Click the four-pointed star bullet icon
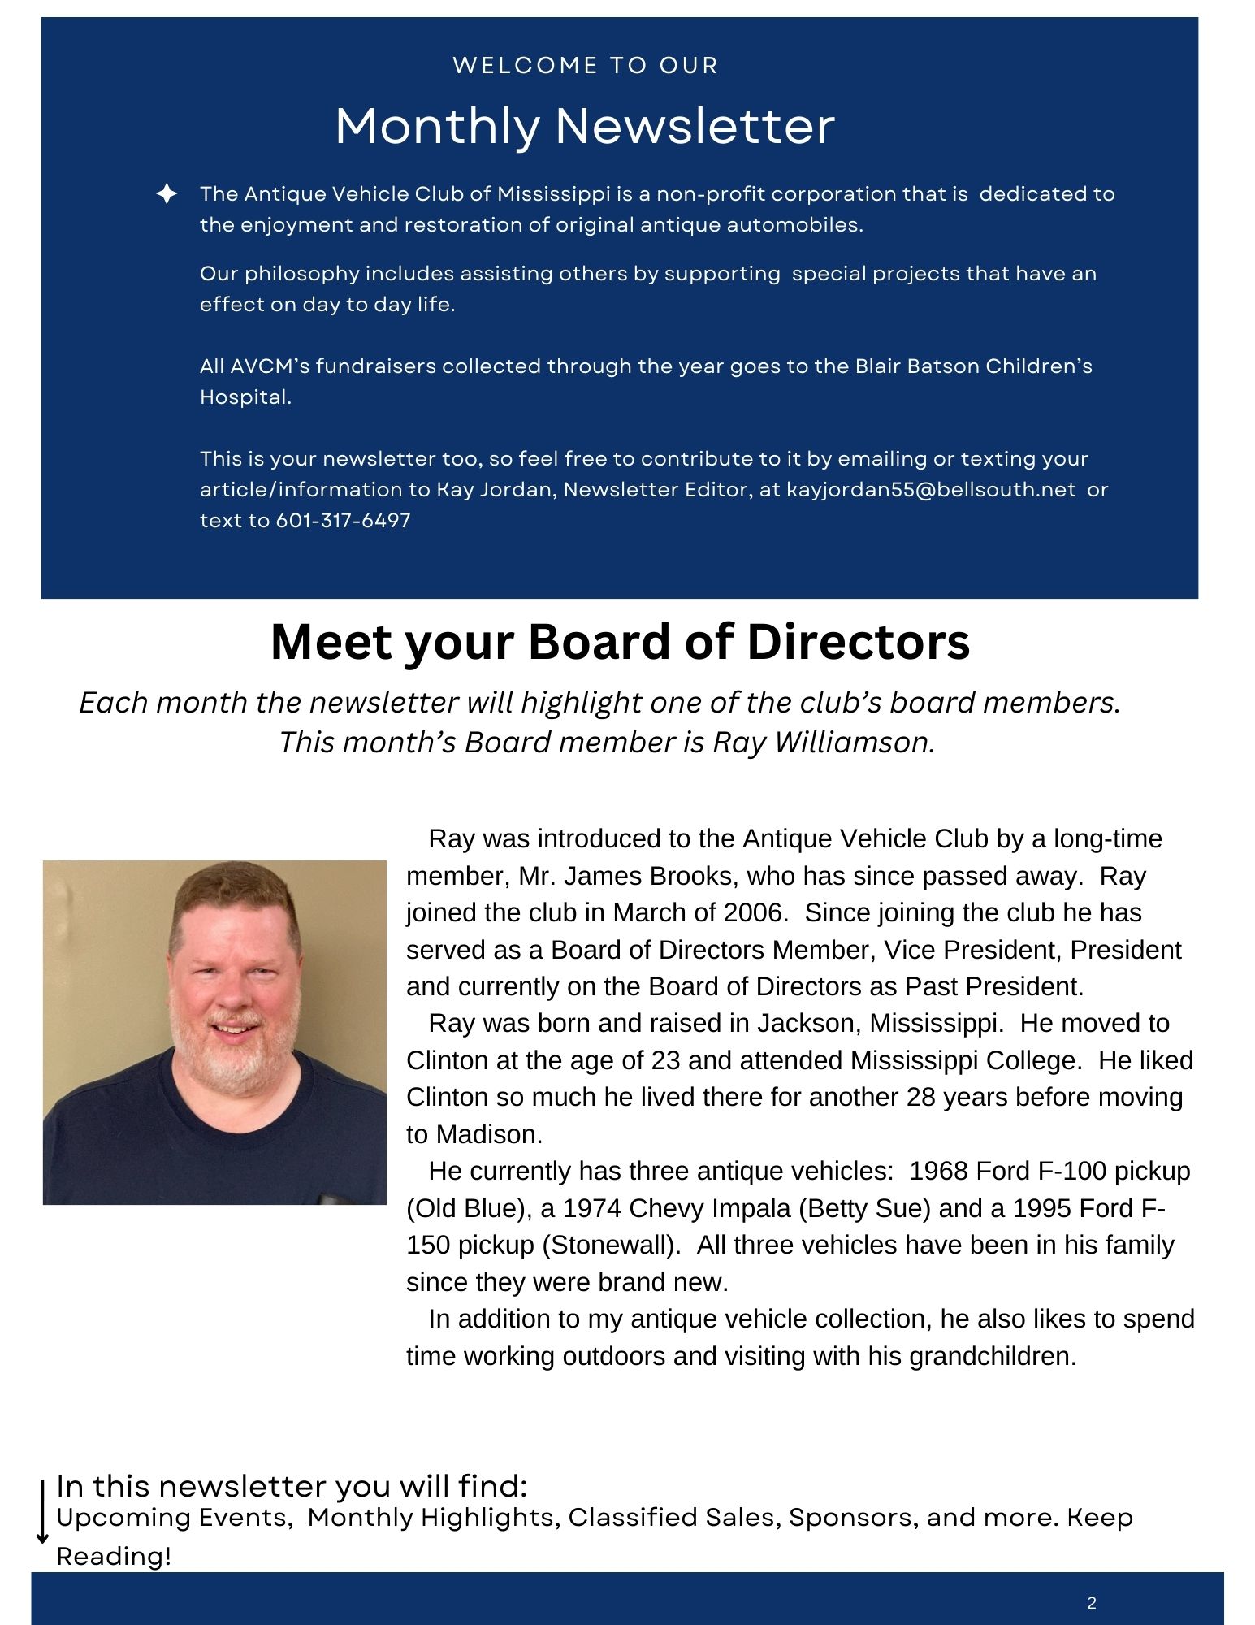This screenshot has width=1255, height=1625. [x=167, y=194]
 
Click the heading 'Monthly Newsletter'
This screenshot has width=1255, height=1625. [x=585, y=127]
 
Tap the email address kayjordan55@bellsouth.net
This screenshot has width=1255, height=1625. [x=931, y=490]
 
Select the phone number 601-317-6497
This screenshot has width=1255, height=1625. [x=344, y=521]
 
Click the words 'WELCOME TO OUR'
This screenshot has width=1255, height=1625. [x=586, y=66]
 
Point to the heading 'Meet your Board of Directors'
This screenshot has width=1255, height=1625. [x=620, y=642]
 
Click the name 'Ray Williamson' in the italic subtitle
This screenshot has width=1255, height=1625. [x=820, y=742]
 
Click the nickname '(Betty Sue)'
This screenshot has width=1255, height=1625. [x=864, y=1208]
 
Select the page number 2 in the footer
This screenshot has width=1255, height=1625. [x=1092, y=1603]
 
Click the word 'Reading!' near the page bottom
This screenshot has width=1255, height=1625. [x=114, y=1557]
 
